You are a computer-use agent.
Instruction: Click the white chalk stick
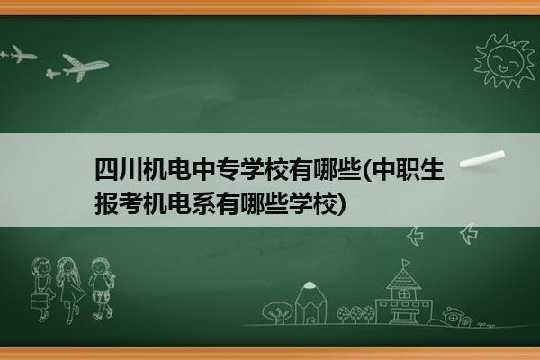coord(482,159)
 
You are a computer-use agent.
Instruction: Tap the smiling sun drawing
coord(505,61)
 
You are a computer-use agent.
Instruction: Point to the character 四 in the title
coord(106,170)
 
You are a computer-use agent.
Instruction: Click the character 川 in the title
coord(130,170)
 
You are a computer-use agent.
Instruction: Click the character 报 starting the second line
coord(106,204)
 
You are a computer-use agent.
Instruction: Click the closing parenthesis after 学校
coord(342,204)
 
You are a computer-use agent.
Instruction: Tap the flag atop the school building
coord(406,264)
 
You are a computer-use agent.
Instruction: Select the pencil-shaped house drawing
coord(311,302)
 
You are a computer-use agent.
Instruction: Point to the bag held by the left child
coord(39,301)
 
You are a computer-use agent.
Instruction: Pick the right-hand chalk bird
coord(469,234)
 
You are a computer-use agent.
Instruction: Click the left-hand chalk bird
coord(415,236)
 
